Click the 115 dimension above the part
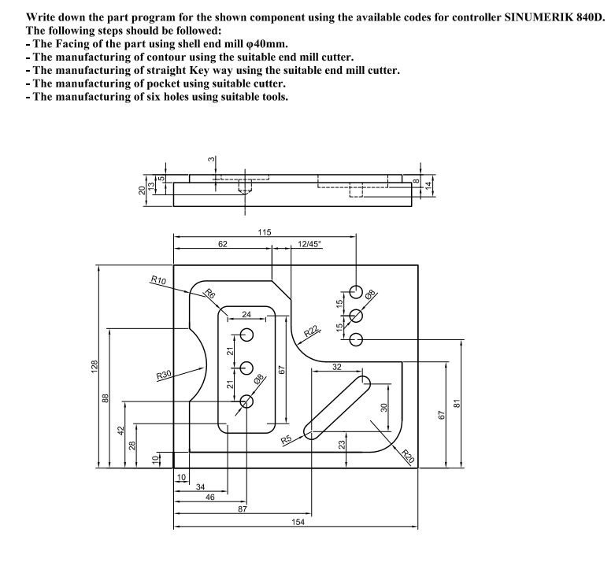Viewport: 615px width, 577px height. click(265, 232)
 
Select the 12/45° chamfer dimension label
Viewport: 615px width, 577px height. click(310, 245)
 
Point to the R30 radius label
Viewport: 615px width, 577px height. click(164, 375)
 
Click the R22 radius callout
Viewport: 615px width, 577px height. click(312, 330)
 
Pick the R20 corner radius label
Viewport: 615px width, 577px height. click(407, 454)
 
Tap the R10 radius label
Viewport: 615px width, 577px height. click(157, 280)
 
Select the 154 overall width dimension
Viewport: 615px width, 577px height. click(295, 522)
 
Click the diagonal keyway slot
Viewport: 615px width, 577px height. click(338, 406)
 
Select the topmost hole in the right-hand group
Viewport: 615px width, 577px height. click(356, 293)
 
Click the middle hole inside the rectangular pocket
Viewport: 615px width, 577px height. click(246, 368)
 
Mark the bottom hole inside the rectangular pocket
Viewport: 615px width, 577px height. click(246, 401)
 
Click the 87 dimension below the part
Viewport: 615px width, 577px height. click(242, 509)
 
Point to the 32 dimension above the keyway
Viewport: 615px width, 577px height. click(337, 367)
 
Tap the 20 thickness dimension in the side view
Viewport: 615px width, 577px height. click(143, 190)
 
